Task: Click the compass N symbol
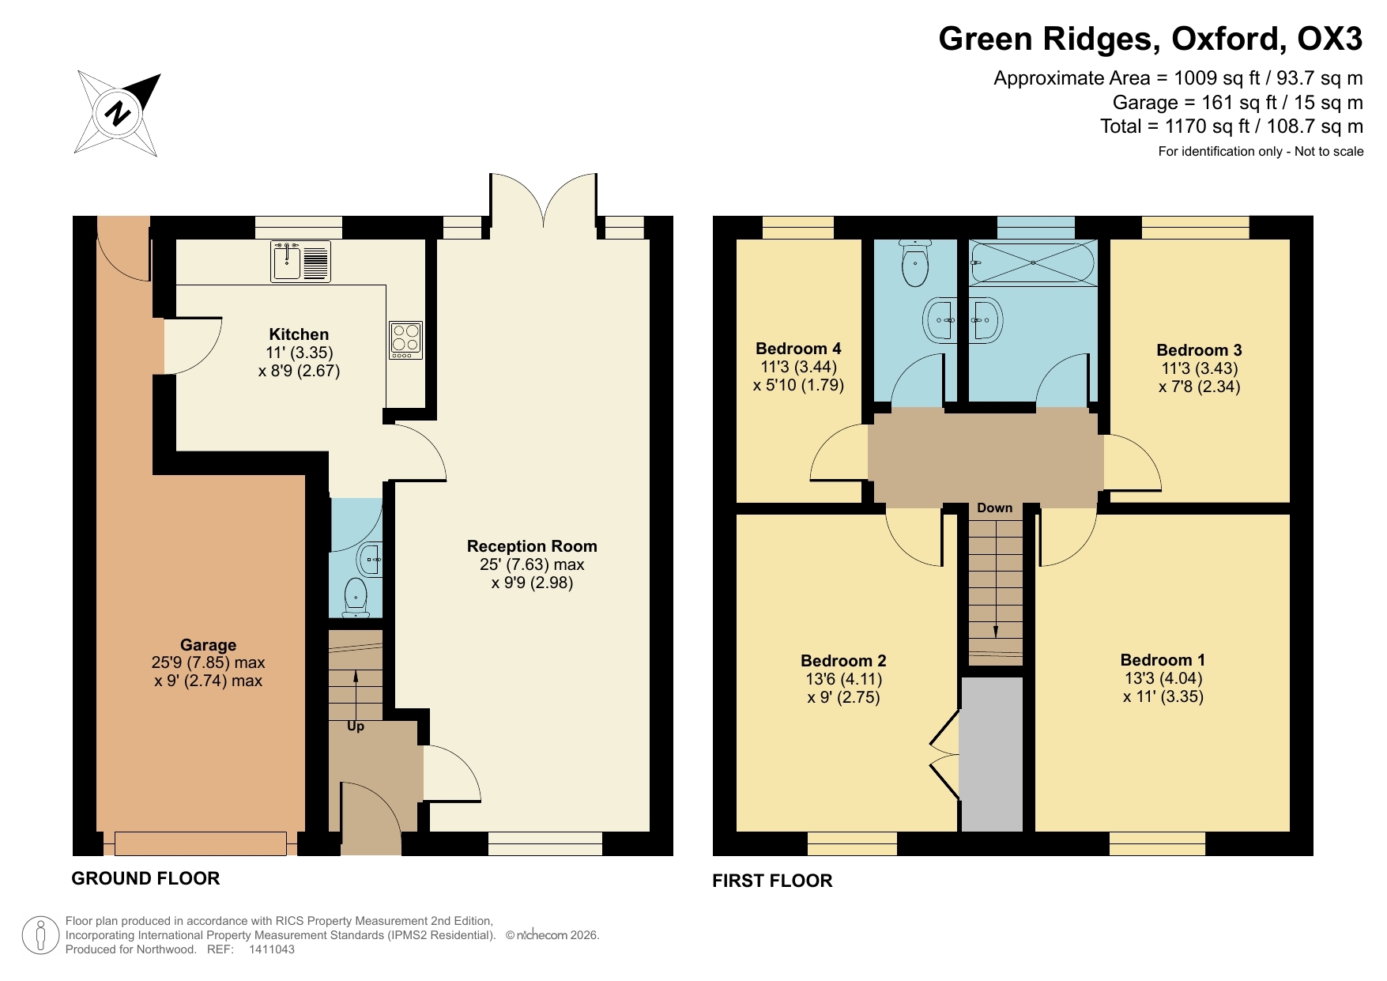(x=118, y=113)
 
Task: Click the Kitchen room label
(x=299, y=334)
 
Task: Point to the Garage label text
(x=208, y=645)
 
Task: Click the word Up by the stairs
(x=356, y=726)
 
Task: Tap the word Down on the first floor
(x=994, y=507)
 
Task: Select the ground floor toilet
(x=356, y=597)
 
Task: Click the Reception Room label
(x=532, y=546)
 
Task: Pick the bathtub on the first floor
(x=1033, y=262)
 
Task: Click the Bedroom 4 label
(x=798, y=349)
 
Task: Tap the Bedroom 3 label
(x=1199, y=350)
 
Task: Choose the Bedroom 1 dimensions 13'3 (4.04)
(x=1163, y=678)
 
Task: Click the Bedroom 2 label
(x=843, y=661)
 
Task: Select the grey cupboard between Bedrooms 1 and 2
(x=992, y=755)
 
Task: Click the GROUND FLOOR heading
(x=145, y=878)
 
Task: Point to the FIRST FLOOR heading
(x=772, y=881)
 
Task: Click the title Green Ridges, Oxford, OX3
(x=1150, y=39)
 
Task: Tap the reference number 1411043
(x=272, y=949)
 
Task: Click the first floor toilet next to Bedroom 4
(x=915, y=263)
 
